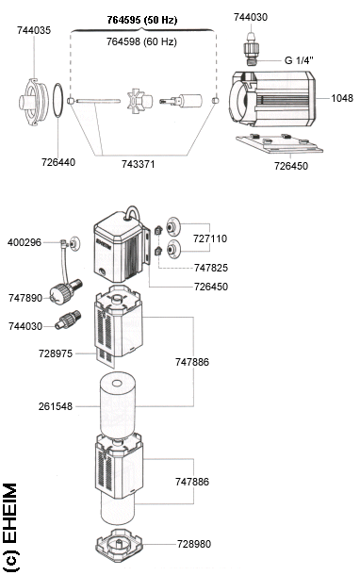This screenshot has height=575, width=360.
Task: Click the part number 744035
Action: point(34,30)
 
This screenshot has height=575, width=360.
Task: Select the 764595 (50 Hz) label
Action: point(142,20)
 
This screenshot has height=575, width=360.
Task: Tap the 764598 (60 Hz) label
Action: point(141,41)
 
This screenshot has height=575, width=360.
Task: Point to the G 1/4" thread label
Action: point(299,60)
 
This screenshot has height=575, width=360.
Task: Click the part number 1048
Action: point(342,98)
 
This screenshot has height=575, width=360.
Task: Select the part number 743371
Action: point(139,164)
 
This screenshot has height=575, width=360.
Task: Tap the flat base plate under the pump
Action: point(280,143)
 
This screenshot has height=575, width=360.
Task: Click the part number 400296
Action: point(25,243)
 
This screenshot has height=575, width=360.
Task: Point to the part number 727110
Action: point(210,238)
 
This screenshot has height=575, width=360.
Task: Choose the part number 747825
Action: point(211,268)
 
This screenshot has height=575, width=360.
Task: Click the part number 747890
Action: point(25,298)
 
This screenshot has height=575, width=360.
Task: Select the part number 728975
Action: point(56,353)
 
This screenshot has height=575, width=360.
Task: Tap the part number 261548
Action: point(56,406)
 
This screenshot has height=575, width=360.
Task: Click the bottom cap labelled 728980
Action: point(119,546)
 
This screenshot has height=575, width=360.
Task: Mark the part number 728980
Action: point(194,544)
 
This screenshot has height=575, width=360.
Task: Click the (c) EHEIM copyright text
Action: point(10,527)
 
